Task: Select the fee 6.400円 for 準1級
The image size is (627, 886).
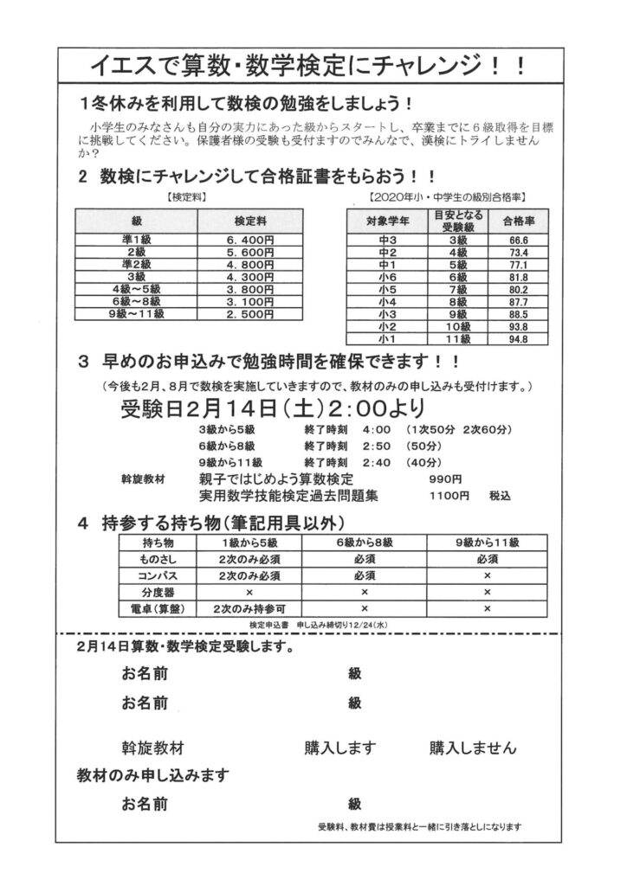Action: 249,238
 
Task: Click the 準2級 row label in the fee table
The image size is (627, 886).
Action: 136,263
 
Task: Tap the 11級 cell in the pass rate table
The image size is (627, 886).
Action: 457,339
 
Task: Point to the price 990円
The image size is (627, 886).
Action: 445,478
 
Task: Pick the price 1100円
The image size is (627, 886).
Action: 449,496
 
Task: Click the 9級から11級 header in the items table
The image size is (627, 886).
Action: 487,543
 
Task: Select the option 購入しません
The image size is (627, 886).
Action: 472,747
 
